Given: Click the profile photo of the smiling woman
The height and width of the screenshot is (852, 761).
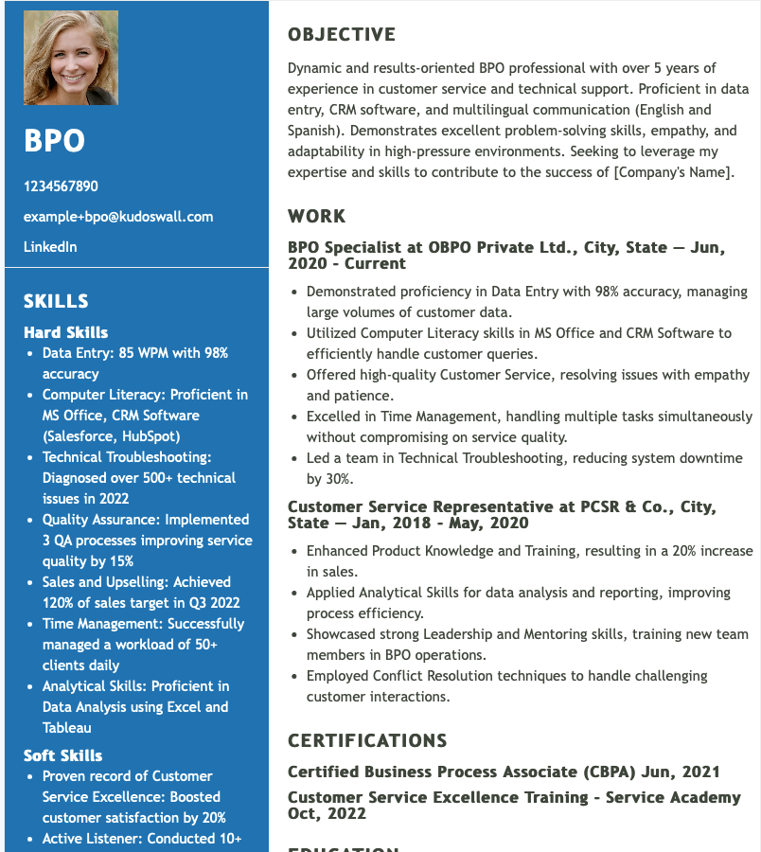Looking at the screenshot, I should (x=71, y=58).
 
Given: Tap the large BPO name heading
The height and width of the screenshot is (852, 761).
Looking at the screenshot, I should (x=54, y=141).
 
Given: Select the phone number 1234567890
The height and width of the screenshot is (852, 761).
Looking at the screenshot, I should (x=61, y=186).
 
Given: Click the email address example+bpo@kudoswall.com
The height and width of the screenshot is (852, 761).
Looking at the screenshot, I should (x=118, y=217).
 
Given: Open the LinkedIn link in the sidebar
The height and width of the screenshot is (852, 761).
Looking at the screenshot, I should (x=50, y=247).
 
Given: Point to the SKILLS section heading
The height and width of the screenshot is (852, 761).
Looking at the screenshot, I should (x=56, y=301).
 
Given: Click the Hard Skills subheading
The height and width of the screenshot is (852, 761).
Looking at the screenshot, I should (x=65, y=332).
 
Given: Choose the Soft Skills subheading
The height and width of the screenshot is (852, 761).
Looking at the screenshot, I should (x=62, y=755).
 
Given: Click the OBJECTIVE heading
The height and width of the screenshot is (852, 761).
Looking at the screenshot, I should (x=342, y=35).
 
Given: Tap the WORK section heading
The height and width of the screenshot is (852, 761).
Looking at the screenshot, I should (x=317, y=216).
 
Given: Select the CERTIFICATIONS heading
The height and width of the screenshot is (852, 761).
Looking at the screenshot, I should (x=367, y=740).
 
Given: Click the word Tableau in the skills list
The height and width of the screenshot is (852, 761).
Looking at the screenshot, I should (x=67, y=728).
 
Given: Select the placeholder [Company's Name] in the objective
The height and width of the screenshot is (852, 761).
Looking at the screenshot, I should (x=672, y=172).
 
